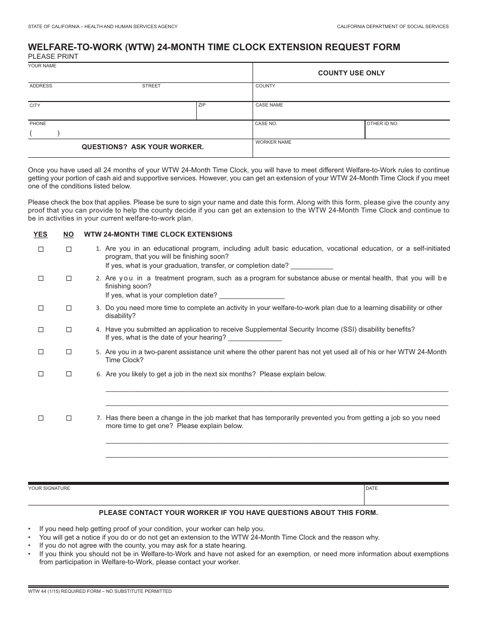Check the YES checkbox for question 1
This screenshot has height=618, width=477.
[41, 249]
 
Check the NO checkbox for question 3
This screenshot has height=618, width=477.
[69, 308]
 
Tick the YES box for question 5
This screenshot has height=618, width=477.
[41, 352]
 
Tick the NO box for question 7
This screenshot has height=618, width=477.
[69, 418]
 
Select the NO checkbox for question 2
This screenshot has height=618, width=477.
[69, 278]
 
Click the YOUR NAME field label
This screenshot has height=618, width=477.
[42, 66]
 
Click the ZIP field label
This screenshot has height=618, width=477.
[202, 105]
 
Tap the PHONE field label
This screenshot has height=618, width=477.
[38, 124]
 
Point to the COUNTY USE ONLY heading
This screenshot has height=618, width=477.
[351, 73]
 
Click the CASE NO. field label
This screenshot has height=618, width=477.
[266, 124]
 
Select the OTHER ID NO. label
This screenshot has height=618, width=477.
[382, 124]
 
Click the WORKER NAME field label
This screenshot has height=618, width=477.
[273, 142]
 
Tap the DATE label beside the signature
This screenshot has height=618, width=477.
[372, 488]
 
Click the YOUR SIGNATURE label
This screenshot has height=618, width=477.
[49, 488]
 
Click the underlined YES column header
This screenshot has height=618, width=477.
[40, 235]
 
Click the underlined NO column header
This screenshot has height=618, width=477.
[68, 235]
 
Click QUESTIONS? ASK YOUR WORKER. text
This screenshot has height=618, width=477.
[143, 147]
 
